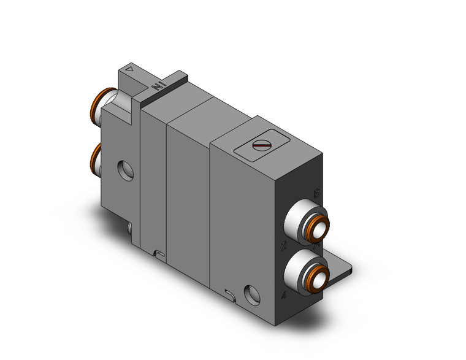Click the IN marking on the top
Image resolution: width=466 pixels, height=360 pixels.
[157, 85]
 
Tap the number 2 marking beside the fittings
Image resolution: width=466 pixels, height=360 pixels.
[283, 246]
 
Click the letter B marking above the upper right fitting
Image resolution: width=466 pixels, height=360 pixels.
[316, 192]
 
